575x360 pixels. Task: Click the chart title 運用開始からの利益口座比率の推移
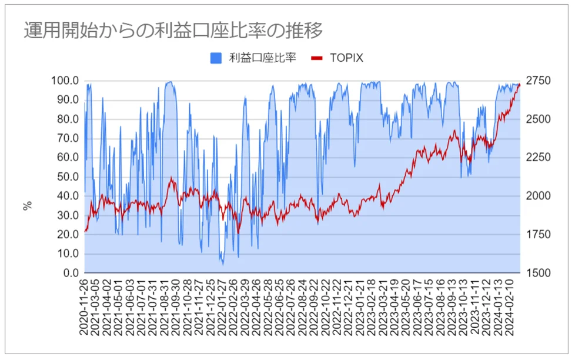click(x=173, y=30)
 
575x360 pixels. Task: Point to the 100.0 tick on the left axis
click(x=66, y=81)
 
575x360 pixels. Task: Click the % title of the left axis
click(x=27, y=206)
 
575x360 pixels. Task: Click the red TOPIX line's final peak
click(x=519, y=85)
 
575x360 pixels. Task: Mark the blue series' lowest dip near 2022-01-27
click(x=222, y=264)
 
